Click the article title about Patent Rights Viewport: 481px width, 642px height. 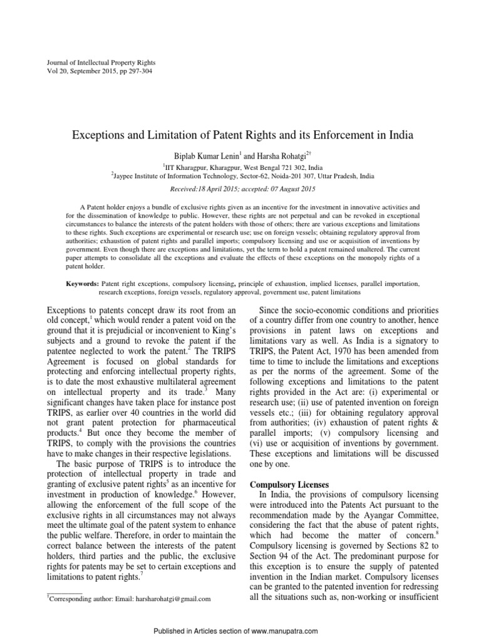tap(240, 135)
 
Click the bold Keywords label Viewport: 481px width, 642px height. tap(82, 284)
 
